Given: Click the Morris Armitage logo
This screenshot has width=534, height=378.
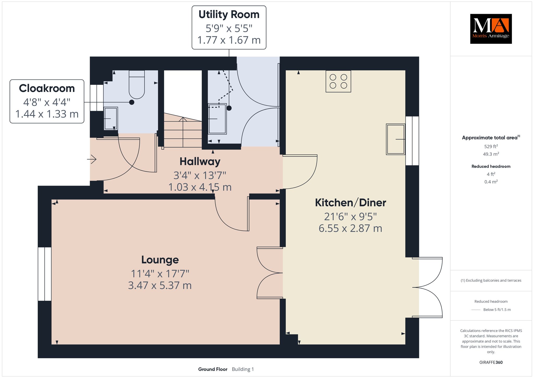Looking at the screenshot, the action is pyautogui.click(x=491, y=29).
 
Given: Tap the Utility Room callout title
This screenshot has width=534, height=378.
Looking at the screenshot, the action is pyautogui.click(x=229, y=15).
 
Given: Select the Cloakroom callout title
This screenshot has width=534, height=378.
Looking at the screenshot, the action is pyautogui.click(x=47, y=88).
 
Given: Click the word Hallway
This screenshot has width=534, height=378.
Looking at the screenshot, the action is pyautogui.click(x=200, y=162).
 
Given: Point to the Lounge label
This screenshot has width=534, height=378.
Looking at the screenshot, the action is pyautogui.click(x=160, y=260).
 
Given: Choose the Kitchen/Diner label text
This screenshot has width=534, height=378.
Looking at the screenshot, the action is pyautogui.click(x=350, y=203).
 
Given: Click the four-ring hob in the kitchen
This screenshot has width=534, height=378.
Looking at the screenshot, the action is pyautogui.click(x=338, y=81).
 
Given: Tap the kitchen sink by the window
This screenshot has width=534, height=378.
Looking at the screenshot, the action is pyautogui.click(x=396, y=139).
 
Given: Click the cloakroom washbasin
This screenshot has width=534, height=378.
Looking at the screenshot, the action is pyautogui.click(x=111, y=119).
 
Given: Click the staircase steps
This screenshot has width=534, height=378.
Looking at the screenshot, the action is pyautogui.click(x=183, y=131).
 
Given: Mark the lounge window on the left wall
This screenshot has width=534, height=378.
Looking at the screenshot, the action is pyautogui.click(x=45, y=274).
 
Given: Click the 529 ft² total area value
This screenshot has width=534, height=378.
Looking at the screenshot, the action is pyautogui.click(x=491, y=146).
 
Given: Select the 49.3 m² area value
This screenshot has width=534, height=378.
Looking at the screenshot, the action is pyautogui.click(x=491, y=154).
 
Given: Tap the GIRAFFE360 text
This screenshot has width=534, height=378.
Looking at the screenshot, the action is pyautogui.click(x=491, y=362).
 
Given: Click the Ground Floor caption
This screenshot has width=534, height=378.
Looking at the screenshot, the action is pyautogui.click(x=213, y=369).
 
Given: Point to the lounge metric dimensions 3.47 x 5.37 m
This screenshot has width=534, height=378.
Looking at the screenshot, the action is pyautogui.click(x=160, y=285).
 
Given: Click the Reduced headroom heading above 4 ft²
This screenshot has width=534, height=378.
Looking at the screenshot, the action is pyautogui.click(x=491, y=166).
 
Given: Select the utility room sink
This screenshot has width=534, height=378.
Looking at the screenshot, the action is pyautogui.click(x=217, y=119).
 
